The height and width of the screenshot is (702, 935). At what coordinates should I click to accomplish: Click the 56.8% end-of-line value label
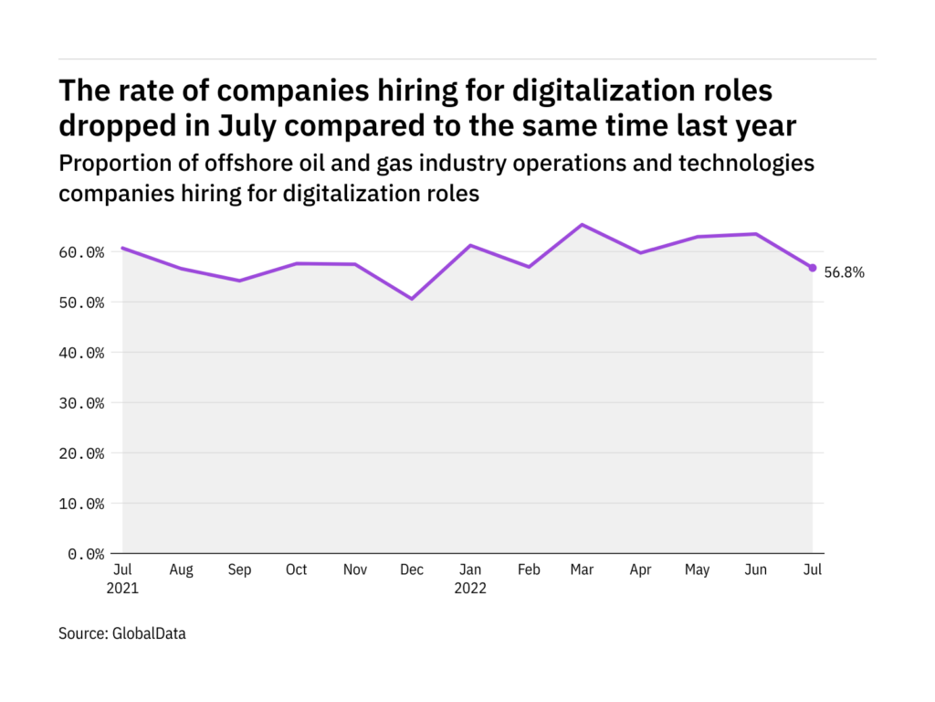(x=844, y=272)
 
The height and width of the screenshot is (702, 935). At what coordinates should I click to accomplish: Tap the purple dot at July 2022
(x=813, y=268)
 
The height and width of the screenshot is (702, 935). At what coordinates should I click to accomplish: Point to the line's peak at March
(x=583, y=225)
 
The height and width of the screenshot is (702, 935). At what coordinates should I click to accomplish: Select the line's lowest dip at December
(x=412, y=299)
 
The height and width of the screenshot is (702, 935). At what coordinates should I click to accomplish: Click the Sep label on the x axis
(x=239, y=570)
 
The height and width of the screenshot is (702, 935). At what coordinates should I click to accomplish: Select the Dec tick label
(x=412, y=570)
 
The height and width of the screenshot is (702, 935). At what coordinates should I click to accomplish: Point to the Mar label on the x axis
(x=583, y=570)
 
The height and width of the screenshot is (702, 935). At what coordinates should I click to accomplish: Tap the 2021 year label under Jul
(x=122, y=589)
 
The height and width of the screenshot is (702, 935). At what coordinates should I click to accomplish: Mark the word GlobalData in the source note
(x=150, y=633)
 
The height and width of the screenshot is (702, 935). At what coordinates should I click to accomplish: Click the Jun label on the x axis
(x=755, y=570)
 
